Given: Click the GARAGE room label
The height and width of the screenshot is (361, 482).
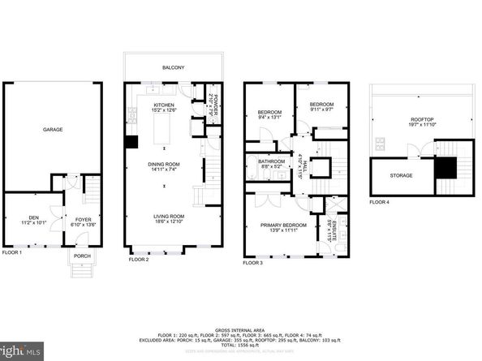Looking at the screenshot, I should (53, 130).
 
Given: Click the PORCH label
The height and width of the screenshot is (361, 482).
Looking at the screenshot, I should (83, 256).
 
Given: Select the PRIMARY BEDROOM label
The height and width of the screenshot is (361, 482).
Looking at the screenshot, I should (283, 225).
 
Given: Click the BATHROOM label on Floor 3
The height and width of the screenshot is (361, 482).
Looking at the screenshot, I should (271, 161).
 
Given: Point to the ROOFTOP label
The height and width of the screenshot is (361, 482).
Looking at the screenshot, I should (422, 120).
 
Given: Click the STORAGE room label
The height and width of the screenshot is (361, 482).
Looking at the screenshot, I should (401, 175).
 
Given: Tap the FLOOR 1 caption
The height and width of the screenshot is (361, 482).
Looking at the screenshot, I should (12, 252).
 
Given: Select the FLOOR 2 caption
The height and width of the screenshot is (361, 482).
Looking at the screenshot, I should (140, 260).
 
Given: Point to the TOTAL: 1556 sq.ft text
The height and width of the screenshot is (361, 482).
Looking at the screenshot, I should (241, 346).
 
